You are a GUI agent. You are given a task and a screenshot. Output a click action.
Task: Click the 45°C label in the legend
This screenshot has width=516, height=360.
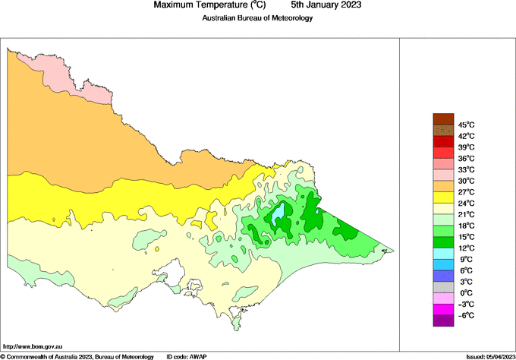pos(465,125)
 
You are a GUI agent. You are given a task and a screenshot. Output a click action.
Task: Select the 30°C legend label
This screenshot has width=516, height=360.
pos(465,181)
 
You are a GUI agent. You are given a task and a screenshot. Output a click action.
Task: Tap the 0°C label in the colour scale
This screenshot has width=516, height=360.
pos(464,292)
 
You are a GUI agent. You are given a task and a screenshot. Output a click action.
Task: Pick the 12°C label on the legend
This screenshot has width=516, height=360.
pos(465,248)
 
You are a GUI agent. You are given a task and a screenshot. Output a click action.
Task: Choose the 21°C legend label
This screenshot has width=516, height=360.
pos(465,214)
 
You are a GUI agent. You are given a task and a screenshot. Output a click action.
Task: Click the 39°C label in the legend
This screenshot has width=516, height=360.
pos(465,147)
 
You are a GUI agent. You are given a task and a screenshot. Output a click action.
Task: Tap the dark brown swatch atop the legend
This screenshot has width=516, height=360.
pos(442,118)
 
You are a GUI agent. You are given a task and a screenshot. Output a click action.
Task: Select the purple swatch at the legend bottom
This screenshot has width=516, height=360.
pos(442,321)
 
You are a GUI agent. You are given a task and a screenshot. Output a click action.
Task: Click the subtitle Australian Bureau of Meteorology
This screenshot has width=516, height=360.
pos(257,18)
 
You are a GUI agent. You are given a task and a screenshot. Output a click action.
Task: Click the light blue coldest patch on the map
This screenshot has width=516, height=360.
pos(280,213)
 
